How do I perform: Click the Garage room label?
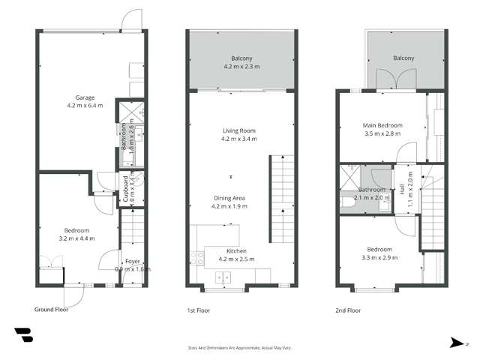click(x=83, y=97)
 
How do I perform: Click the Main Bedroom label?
click(x=383, y=125)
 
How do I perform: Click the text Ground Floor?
click(x=52, y=309)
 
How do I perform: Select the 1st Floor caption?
click(x=199, y=310)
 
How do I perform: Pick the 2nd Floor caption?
click(x=348, y=310)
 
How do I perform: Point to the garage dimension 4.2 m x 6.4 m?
click(x=83, y=106)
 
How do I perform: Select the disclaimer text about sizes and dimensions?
click(x=240, y=348)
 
